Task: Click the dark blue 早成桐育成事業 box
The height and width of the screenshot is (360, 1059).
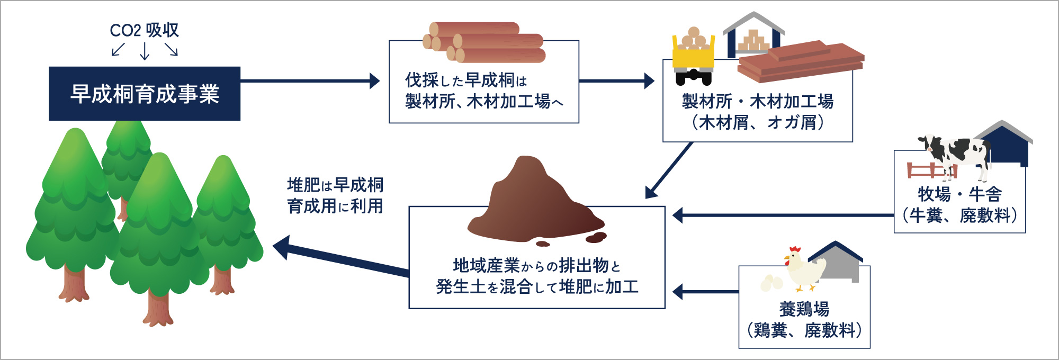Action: click(145, 94)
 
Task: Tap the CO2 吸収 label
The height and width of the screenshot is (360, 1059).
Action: click(144, 30)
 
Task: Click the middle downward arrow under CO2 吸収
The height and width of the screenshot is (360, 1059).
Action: click(145, 51)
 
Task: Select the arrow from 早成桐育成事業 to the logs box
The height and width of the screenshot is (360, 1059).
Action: click(310, 81)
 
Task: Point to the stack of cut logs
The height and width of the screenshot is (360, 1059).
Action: click(484, 42)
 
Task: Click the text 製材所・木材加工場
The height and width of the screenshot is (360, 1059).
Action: click(758, 101)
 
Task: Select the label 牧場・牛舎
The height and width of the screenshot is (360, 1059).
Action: click(959, 194)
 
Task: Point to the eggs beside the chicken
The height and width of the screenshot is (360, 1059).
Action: click(771, 283)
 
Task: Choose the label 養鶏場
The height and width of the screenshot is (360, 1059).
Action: click(804, 309)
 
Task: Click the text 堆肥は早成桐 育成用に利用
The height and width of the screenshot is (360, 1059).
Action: click(335, 195)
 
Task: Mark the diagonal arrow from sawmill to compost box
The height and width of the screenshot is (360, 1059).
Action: click(670, 170)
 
